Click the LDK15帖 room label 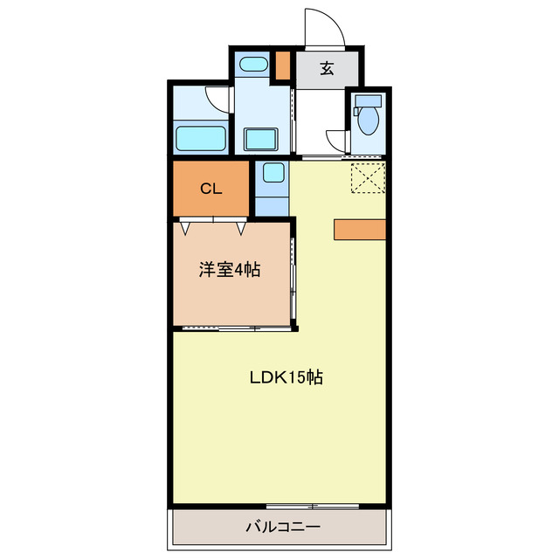[286, 377]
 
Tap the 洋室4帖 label [229, 270]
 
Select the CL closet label [210, 189]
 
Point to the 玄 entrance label [326, 69]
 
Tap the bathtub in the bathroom [202, 138]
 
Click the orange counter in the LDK [359, 229]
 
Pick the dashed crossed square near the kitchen [368, 179]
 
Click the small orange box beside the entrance [283, 66]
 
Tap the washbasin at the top [253, 64]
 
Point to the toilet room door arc [337, 140]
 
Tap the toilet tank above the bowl [367, 99]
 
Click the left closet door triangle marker [186, 229]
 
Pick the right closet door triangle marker [241, 229]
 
